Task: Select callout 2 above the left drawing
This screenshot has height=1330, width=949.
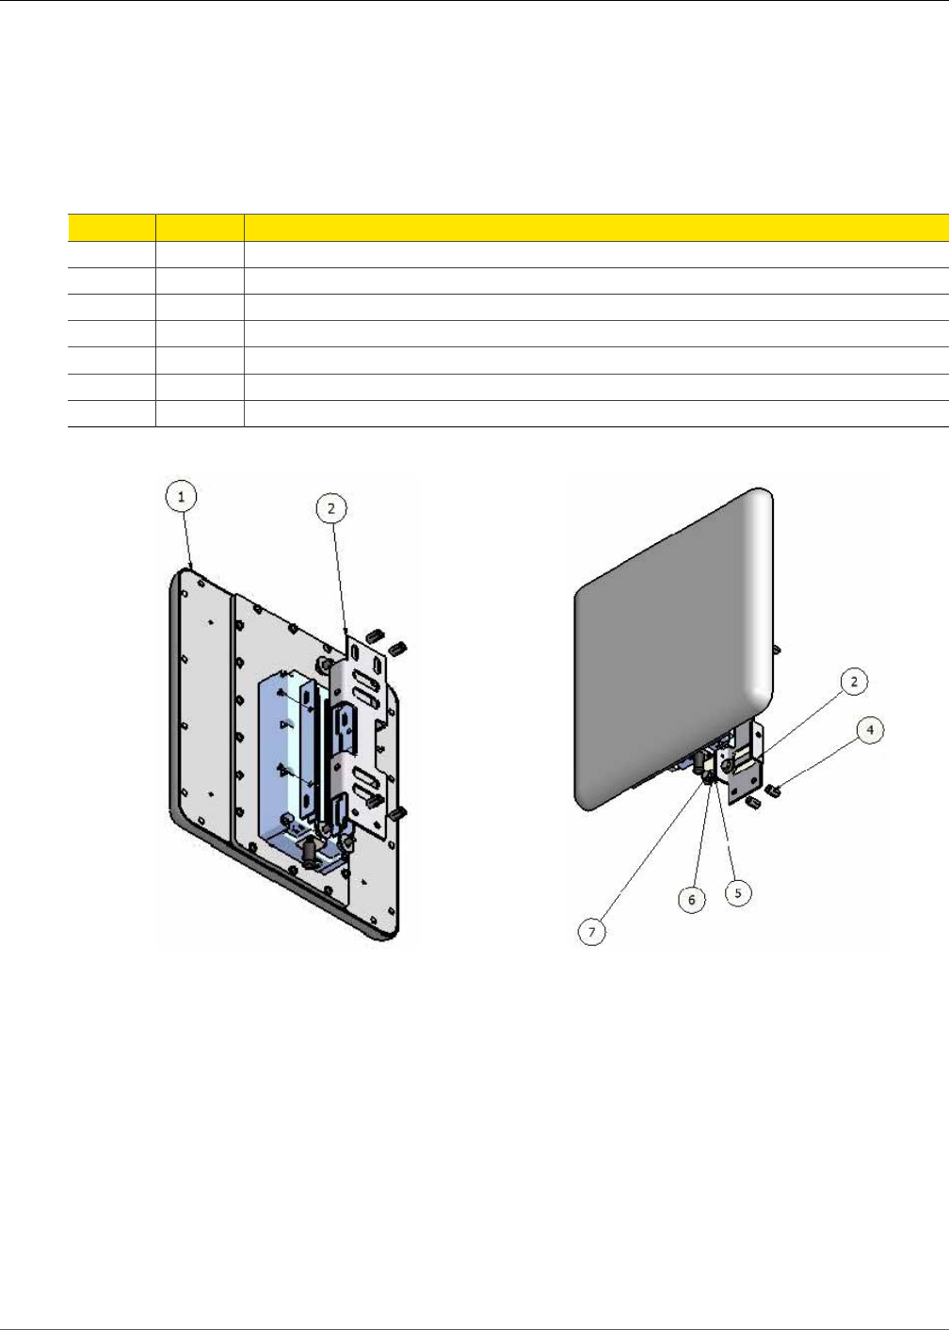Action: tap(330, 509)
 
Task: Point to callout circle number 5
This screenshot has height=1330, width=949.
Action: tap(737, 891)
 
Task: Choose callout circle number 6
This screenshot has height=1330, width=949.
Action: tap(692, 899)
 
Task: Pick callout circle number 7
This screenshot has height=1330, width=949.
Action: tap(591, 933)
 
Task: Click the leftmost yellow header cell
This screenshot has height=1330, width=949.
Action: tap(111, 227)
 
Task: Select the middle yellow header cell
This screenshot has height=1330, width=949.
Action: tap(200, 227)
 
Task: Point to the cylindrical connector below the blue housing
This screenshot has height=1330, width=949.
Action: tap(309, 852)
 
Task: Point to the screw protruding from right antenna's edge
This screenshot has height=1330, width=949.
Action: tap(776, 649)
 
